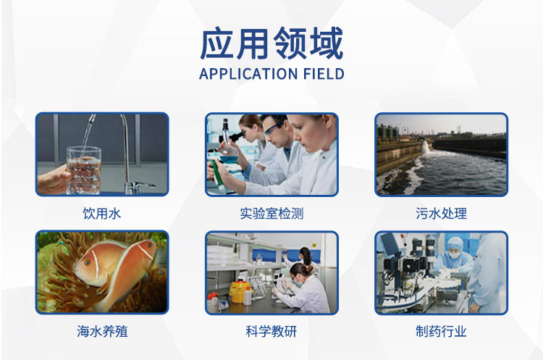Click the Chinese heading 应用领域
coord(271,43)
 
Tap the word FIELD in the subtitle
coord(324,74)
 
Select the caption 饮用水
coord(102,214)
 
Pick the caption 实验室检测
coord(271,214)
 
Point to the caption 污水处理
coord(441,214)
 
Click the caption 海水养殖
coord(102,332)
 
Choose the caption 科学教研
coord(271,332)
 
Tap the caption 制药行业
coord(441,332)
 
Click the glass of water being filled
coord(83,170)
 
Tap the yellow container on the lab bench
coord(240,292)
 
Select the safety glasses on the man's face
coord(273,128)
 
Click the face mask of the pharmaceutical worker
coord(455,256)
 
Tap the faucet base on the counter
coord(134,188)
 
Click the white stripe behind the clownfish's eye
coord(96,264)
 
